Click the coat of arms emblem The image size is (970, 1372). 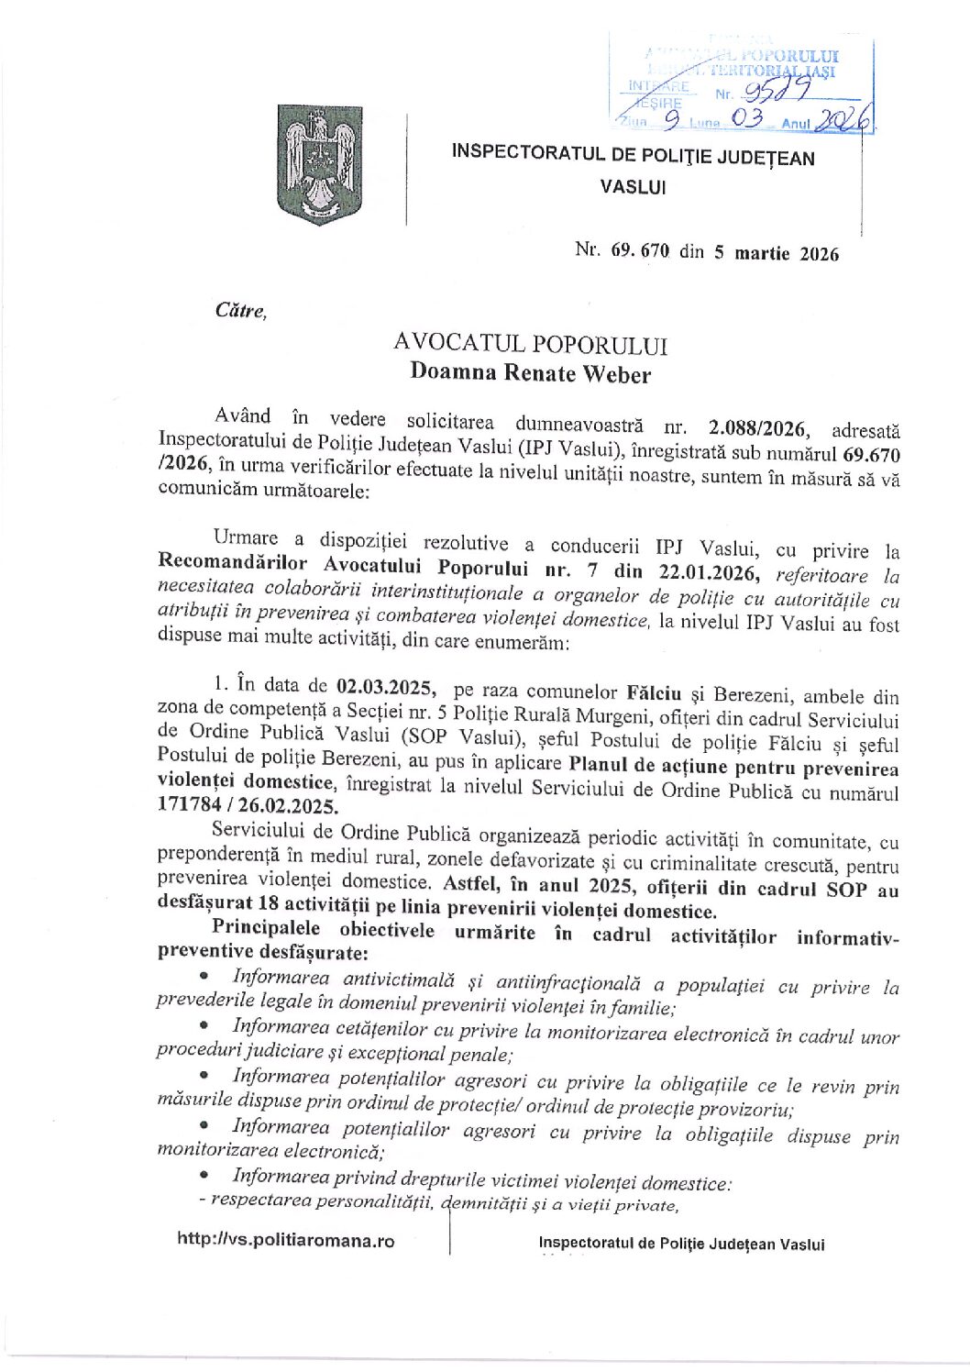pos(319,165)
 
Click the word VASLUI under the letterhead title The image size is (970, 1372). pos(633,186)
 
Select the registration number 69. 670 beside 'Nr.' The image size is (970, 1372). pos(637,251)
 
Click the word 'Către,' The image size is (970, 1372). pos(240,310)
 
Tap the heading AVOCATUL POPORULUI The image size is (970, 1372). pos(530,344)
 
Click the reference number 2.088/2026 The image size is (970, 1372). pos(757,427)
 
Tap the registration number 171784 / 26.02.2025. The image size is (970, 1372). pos(248,806)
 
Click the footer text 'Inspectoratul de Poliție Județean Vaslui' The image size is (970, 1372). pos(681,1244)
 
